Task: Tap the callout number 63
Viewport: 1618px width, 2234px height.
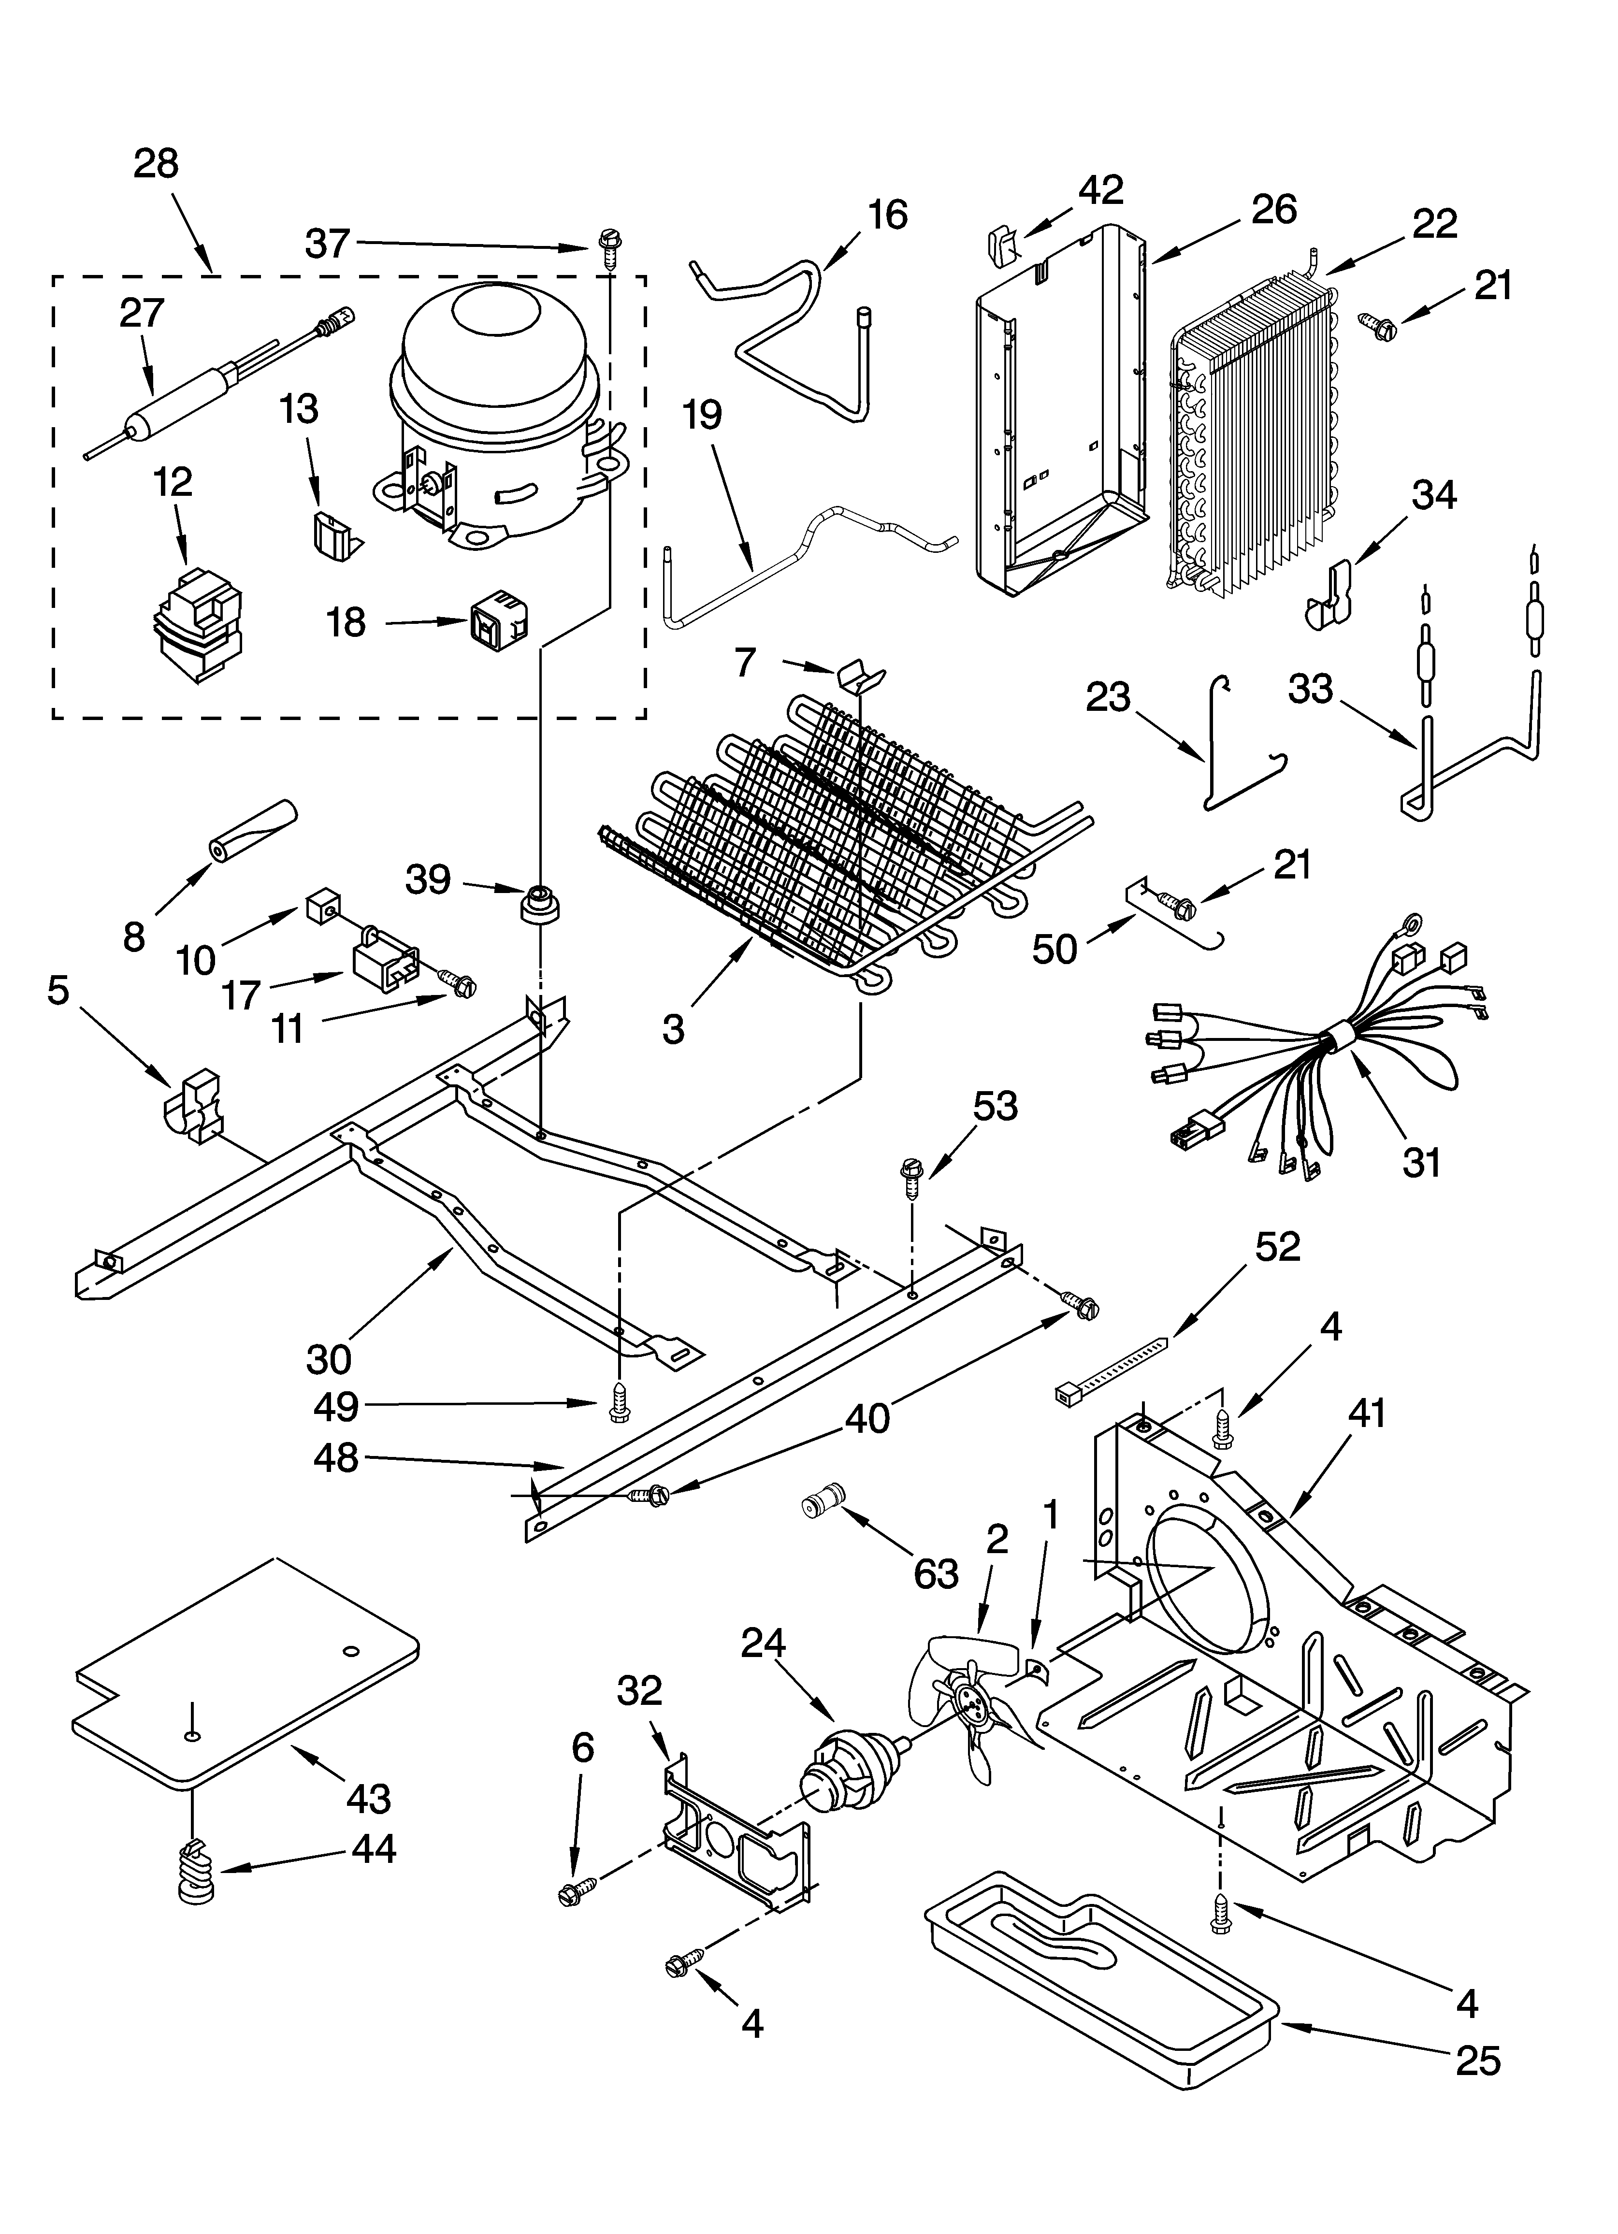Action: point(934,1573)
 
